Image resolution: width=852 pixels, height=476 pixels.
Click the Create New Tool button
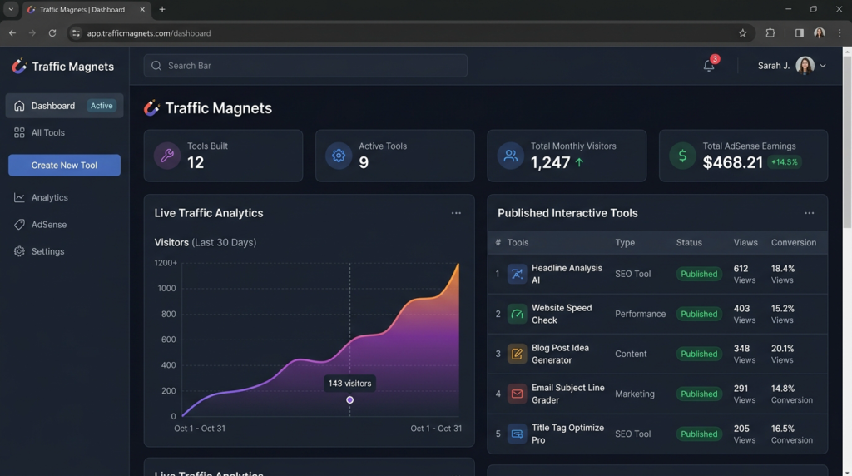pyautogui.click(x=64, y=165)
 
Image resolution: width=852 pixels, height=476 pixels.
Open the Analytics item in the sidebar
pyautogui.click(x=49, y=197)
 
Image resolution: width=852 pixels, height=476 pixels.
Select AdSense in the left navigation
pyautogui.click(x=48, y=225)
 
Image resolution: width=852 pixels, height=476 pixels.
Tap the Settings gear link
pyautogui.click(x=47, y=251)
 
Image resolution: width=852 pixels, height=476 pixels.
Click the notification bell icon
pyautogui.click(x=709, y=66)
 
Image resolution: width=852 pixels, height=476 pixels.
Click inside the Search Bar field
pyautogui.click(x=305, y=66)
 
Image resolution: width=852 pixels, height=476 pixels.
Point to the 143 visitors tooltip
pyautogui.click(x=349, y=384)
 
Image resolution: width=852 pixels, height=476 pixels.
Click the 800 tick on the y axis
pyautogui.click(x=167, y=314)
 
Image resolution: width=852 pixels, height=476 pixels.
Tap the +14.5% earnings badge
pyautogui.click(x=784, y=162)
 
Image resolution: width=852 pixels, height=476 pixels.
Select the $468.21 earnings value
pyautogui.click(x=732, y=162)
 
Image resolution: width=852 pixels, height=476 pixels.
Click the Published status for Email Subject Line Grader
pyautogui.click(x=699, y=394)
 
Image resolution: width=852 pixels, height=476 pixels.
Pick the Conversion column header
pyautogui.click(x=793, y=243)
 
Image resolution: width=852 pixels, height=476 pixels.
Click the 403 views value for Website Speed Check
pyautogui.click(x=741, y=309)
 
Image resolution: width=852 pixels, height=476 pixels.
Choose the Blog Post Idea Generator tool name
pyautogui.click(x=560, y=354)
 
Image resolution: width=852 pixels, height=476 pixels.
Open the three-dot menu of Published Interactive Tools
pyautogui.click(x=809, y=213)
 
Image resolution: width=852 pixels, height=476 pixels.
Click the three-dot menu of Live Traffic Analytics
pyautogui.click(x=456, y=213)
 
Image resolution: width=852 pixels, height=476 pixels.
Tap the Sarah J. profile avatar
pyautogui.click(x=805, y=66)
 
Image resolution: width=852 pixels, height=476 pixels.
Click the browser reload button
pyautogui.click(x=52, y=33)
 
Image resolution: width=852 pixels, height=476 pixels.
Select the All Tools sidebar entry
pyautogui.click(x=47, y=132)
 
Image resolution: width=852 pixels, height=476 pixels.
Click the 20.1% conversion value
pyautogui.click(x=782, y=349)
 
